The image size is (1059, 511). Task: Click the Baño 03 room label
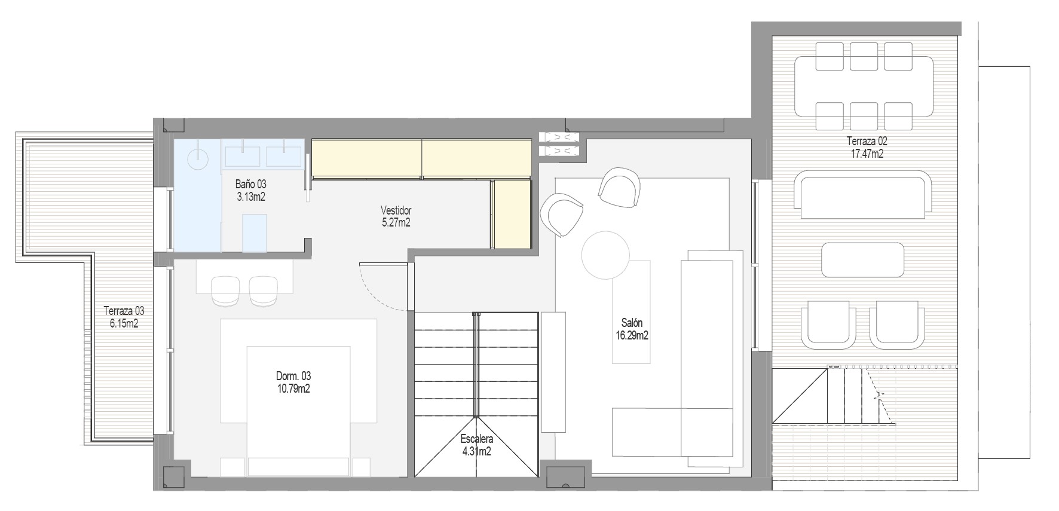tap(251, 191)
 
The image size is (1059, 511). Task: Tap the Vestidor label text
tap(396, 216)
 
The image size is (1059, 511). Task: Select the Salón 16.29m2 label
tap(632, 329)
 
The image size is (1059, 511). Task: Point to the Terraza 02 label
tap(866, 148)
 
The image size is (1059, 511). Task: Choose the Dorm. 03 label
tap(293, 383)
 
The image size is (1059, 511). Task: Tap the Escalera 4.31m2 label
tap(476, 445)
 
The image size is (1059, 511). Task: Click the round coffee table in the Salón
tap(605, 255)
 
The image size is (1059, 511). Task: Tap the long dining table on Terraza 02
tap(864, 86)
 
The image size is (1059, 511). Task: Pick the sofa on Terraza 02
tap(863, 195)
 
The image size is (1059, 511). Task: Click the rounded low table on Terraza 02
tap(862, 259)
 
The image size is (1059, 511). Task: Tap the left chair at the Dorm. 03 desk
tap(225, 291)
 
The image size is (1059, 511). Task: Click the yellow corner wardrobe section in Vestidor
tap(512, 213)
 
